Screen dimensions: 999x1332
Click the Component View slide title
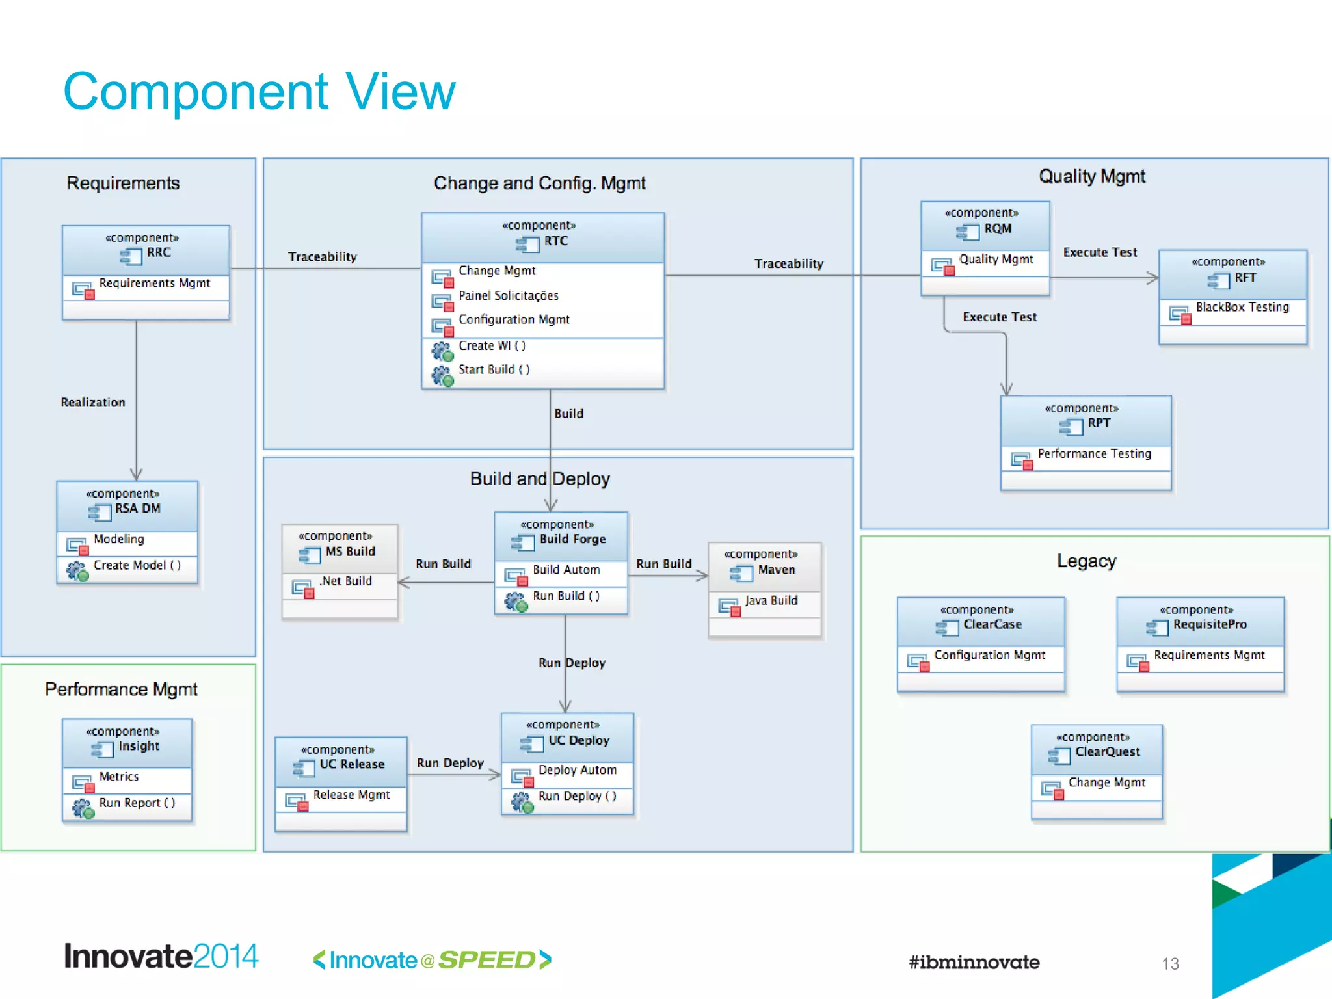click(259, 92)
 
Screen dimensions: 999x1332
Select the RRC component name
click(158, 253)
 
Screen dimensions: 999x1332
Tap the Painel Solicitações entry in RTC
click(508, 296)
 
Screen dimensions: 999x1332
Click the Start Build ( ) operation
click(494, 369)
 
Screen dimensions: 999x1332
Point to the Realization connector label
click(93, 403)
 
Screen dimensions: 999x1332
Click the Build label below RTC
click(568, 414)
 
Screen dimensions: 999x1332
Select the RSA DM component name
click(137, 509)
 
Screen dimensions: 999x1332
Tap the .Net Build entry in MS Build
click(345, 581)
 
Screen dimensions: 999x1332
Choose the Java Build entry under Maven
click(771, 600)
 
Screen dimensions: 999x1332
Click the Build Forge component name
click(572, 539)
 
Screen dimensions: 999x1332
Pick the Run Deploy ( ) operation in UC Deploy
click(577, 796)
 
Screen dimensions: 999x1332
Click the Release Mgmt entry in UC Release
click(351, 795)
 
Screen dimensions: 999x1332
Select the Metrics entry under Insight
click(119, 777)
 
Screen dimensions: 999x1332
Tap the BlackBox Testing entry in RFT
click(1242, 307)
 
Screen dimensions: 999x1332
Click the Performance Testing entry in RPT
click(1094, 453)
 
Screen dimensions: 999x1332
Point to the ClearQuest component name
click(1107, 752)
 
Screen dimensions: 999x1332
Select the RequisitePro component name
click(1209, 624)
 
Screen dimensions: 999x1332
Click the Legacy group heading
click(1086, 561)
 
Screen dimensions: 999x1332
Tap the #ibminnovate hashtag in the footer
click(974, 962)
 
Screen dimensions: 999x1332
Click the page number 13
click(1170, 964)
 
